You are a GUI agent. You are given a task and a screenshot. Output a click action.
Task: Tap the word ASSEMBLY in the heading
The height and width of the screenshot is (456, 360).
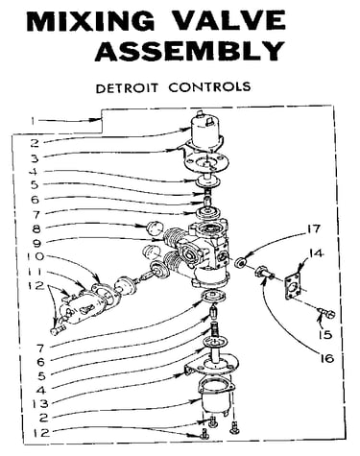click(x=190, y=51)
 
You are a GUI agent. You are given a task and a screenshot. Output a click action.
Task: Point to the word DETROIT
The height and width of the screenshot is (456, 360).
click(x=127, y=87)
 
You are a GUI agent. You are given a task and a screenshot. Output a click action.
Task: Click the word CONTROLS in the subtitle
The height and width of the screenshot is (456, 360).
click(x=209, y=86)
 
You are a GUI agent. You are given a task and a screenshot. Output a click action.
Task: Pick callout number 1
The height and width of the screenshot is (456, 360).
click(x=33, y=121)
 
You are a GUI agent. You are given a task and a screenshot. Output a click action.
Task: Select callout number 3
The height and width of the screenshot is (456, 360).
click(x=35, y=158)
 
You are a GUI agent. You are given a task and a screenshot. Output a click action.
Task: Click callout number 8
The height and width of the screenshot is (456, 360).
click(x=36, y=228)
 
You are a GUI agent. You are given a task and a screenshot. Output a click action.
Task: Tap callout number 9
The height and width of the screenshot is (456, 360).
click(x=36, y=244)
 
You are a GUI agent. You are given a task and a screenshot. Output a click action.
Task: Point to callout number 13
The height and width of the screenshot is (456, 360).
click(x=40, y=403)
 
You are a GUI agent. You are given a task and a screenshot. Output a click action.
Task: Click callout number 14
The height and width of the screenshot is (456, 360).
click(x=316, y=253)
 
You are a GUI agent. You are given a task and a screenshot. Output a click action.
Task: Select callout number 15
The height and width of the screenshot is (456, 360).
click(x=325, y=335)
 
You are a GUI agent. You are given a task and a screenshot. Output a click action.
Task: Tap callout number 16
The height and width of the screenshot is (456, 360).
click(x=327, y=358)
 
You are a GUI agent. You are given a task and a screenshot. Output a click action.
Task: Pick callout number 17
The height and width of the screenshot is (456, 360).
click(x=314, y=229)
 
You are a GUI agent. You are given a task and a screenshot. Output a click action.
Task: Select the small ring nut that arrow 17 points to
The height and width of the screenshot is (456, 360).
click(x=240, y=262)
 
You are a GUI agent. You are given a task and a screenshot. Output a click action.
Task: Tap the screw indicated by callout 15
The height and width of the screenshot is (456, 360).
click(x=326, y=313)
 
